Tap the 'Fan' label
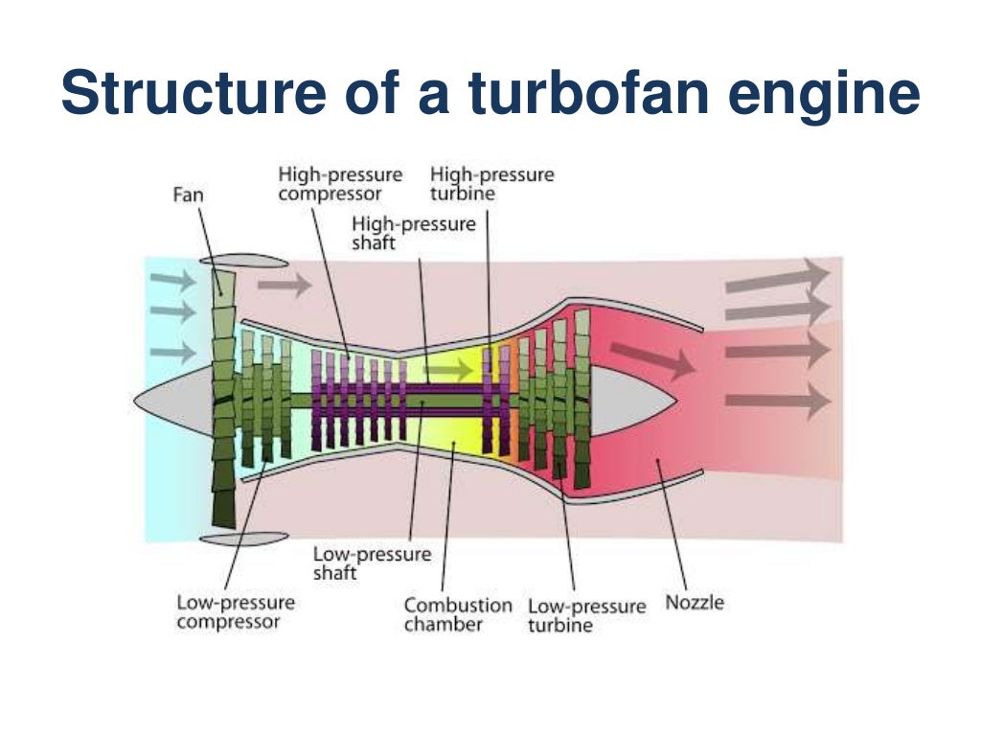coord(188,195)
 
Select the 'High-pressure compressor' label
coord(340,185)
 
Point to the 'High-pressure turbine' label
coord(491,184)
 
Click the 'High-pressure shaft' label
coord(413,233)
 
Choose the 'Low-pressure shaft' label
coord(372,563)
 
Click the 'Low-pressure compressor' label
coord(236,612)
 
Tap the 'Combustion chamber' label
coord(457,615)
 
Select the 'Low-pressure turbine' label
coord(586,616)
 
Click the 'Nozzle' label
coord(695,603)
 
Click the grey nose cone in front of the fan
coord(172,397)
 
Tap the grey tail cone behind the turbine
coord(632,397)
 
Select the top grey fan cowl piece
coord(243,261)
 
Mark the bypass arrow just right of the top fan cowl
coord(285,285)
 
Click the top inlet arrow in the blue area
coord(172,280)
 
